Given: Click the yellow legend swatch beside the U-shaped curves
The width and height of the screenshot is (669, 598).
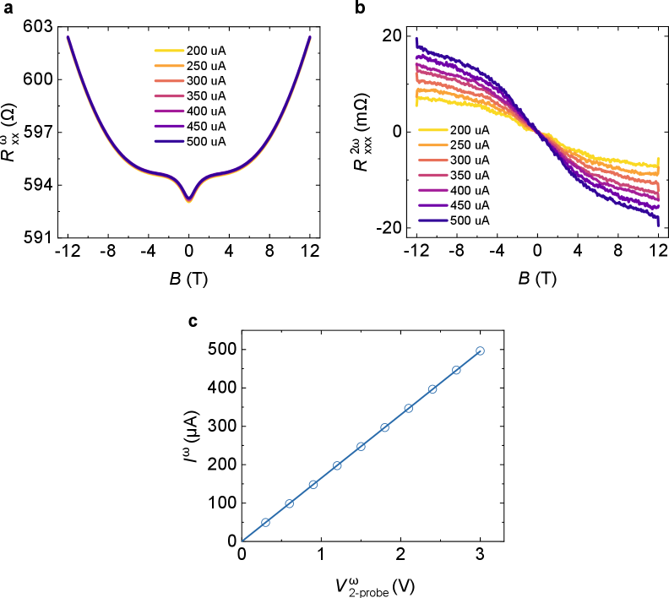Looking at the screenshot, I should click(x=169, y=51).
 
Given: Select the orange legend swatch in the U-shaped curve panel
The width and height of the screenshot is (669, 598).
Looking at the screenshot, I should click(x=169, y=66).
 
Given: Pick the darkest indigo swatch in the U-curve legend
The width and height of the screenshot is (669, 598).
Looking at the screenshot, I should click(x=169, y=141).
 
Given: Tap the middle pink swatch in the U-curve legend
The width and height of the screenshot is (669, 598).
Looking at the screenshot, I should click(x=169, y=96).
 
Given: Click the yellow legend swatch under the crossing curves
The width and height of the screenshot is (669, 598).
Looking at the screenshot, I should click(x=432, y=130).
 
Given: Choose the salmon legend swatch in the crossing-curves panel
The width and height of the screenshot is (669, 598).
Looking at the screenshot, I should click(x=432, y=160).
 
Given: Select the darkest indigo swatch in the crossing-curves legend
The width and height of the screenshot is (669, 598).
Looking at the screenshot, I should click(x=432, y=220).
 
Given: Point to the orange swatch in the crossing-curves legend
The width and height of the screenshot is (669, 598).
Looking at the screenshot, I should click(x=432, y=145).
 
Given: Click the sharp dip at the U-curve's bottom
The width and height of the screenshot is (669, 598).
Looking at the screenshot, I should click(x=188, y=202).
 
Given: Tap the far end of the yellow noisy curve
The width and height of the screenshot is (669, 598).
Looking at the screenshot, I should click(x=658, y=163).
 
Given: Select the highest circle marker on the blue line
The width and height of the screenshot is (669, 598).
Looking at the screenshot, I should click(x=480, y=351).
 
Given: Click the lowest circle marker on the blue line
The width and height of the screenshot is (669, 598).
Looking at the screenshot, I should click(x=265, y=522).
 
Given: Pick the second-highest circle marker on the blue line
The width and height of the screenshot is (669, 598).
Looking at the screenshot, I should click(x=456, y=370).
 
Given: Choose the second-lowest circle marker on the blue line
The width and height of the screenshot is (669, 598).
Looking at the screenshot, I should click(x=289, y=503).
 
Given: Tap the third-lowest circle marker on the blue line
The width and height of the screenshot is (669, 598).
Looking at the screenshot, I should click(x=313, y=484).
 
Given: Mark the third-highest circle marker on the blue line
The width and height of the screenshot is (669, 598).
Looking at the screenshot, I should click(x=432, y=389).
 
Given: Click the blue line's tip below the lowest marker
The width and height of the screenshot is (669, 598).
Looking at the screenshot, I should click(x=242, y=541).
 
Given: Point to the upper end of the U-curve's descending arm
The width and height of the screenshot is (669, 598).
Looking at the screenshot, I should click(x=68, y=37).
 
